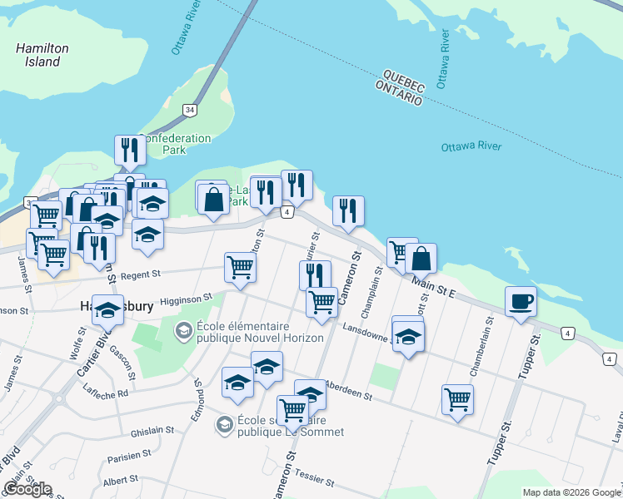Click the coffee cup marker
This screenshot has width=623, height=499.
pos(521,301)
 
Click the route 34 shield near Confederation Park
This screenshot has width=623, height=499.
pos(190,110)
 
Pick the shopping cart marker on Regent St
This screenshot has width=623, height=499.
pos(240,268)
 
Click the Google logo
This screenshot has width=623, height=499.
pos(27,489)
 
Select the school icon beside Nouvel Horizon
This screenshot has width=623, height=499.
pos(182,332)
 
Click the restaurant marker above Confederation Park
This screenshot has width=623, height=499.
pos(130,151)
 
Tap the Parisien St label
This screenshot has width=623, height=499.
pos(128,455)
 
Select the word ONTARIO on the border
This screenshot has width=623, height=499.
pos(398,93)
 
